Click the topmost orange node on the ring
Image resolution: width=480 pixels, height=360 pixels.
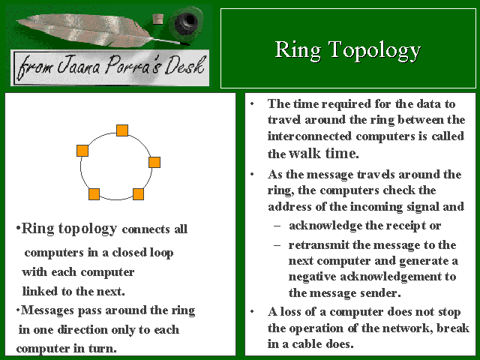pos(122,130)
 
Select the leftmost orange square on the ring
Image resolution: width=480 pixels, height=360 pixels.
pos(82,151)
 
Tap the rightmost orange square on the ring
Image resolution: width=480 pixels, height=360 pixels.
pos(154,162)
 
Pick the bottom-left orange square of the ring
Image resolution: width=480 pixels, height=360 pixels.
pos(94,194)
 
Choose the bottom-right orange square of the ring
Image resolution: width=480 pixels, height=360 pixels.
pos(138,194)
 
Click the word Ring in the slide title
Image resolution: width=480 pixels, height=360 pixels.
pos(298,50)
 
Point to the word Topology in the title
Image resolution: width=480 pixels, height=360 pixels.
pos(375,50)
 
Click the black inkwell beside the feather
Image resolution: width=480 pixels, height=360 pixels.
pos(186,22)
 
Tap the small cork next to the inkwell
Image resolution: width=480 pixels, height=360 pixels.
pos(158,19)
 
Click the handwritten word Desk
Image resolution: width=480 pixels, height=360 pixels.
pos(185,65)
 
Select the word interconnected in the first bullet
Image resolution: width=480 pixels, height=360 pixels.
pos(310,136)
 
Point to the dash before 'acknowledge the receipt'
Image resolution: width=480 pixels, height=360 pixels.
pos(277,226)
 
